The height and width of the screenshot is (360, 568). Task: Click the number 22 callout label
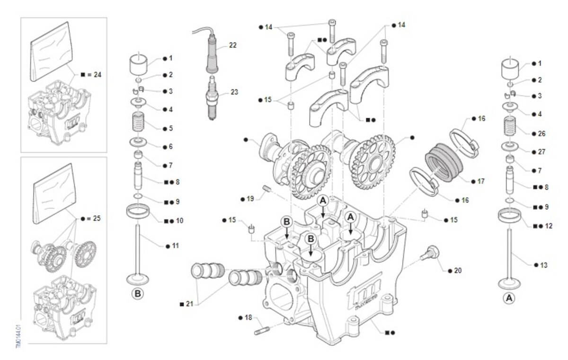point(232,45)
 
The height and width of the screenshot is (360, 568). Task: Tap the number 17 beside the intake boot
point(481,181)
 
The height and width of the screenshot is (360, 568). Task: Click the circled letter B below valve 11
point(137,294)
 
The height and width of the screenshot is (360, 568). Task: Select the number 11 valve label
point(176,246)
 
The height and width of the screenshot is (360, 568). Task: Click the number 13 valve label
point(543,265)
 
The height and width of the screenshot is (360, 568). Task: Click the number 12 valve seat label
point(548,226)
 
